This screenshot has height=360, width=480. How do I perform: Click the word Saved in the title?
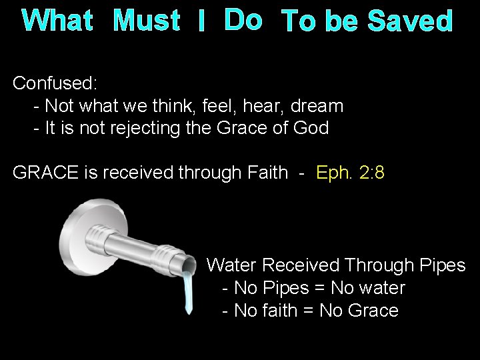click(411, 22)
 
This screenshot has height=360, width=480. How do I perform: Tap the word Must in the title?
click(147, 22)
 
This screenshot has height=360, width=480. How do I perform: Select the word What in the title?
click(57, 22)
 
